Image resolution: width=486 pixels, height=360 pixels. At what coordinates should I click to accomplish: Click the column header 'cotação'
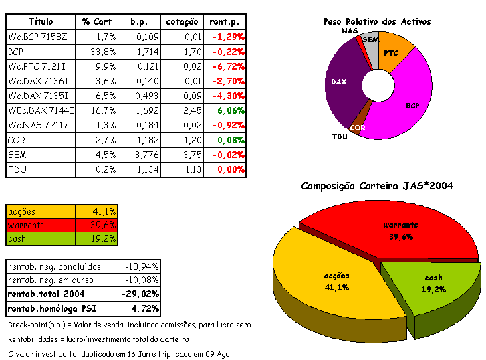pos(183,22)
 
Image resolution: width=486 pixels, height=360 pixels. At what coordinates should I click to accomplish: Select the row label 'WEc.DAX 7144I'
pos(41,110)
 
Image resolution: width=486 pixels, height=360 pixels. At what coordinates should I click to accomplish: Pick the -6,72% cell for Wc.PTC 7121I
pos(227,66)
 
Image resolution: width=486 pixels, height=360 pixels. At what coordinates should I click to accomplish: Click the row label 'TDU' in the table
pos(16,170)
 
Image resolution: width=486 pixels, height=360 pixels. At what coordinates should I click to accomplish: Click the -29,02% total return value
pos(139,294)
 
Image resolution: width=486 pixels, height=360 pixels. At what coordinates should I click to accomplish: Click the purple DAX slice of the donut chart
pos(341,84)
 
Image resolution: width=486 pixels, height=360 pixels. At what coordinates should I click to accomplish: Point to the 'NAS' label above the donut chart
pos(348,31)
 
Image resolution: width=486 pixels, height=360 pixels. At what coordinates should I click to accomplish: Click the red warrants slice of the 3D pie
pos(401,228)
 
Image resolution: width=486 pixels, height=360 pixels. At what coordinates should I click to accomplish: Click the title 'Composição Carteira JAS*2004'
pos(377,186)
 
